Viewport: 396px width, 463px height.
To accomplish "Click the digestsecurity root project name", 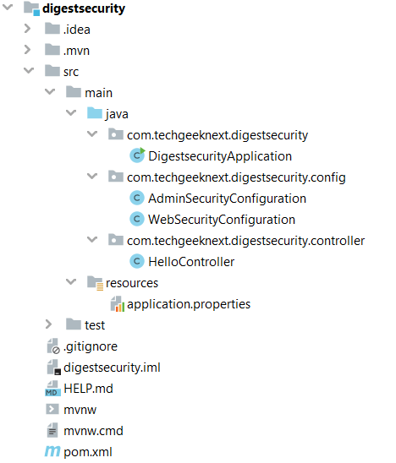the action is tap(84, 8).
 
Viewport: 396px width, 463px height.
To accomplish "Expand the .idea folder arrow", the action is tap(28, 29).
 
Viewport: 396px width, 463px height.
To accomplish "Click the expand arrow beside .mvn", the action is tap(28, 50).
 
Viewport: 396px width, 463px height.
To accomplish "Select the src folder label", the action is tap(71, 72).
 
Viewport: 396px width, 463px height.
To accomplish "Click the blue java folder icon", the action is tap(95, 113).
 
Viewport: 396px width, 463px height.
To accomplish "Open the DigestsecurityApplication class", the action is tap(220, 156).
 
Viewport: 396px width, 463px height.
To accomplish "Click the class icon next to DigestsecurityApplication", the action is tap(137, 155).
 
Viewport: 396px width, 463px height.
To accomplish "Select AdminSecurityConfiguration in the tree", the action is tap(227, 199).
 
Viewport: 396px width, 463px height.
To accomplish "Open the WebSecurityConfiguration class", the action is tap(222, 220).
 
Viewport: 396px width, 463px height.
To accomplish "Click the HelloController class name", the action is tap(191, 262).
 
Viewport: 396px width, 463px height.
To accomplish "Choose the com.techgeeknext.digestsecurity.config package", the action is tap(236, 177).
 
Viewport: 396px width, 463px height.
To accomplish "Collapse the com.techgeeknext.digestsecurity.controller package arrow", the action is tap(92, 239).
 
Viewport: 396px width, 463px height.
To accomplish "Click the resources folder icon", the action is tap(96, 283).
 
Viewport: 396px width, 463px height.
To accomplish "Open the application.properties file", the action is tap(189, 304).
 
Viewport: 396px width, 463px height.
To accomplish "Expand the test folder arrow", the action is tap(49, 324).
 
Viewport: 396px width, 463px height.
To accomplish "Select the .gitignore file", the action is tap(91, 346).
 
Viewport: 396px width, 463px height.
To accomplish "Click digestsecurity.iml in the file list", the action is tap(112, 368).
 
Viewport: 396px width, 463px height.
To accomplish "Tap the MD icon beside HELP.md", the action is tap(52, 389).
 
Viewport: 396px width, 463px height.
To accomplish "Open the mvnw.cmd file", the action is tap(93, 431).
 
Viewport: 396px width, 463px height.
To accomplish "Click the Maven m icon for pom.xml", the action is tap(52, 451).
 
